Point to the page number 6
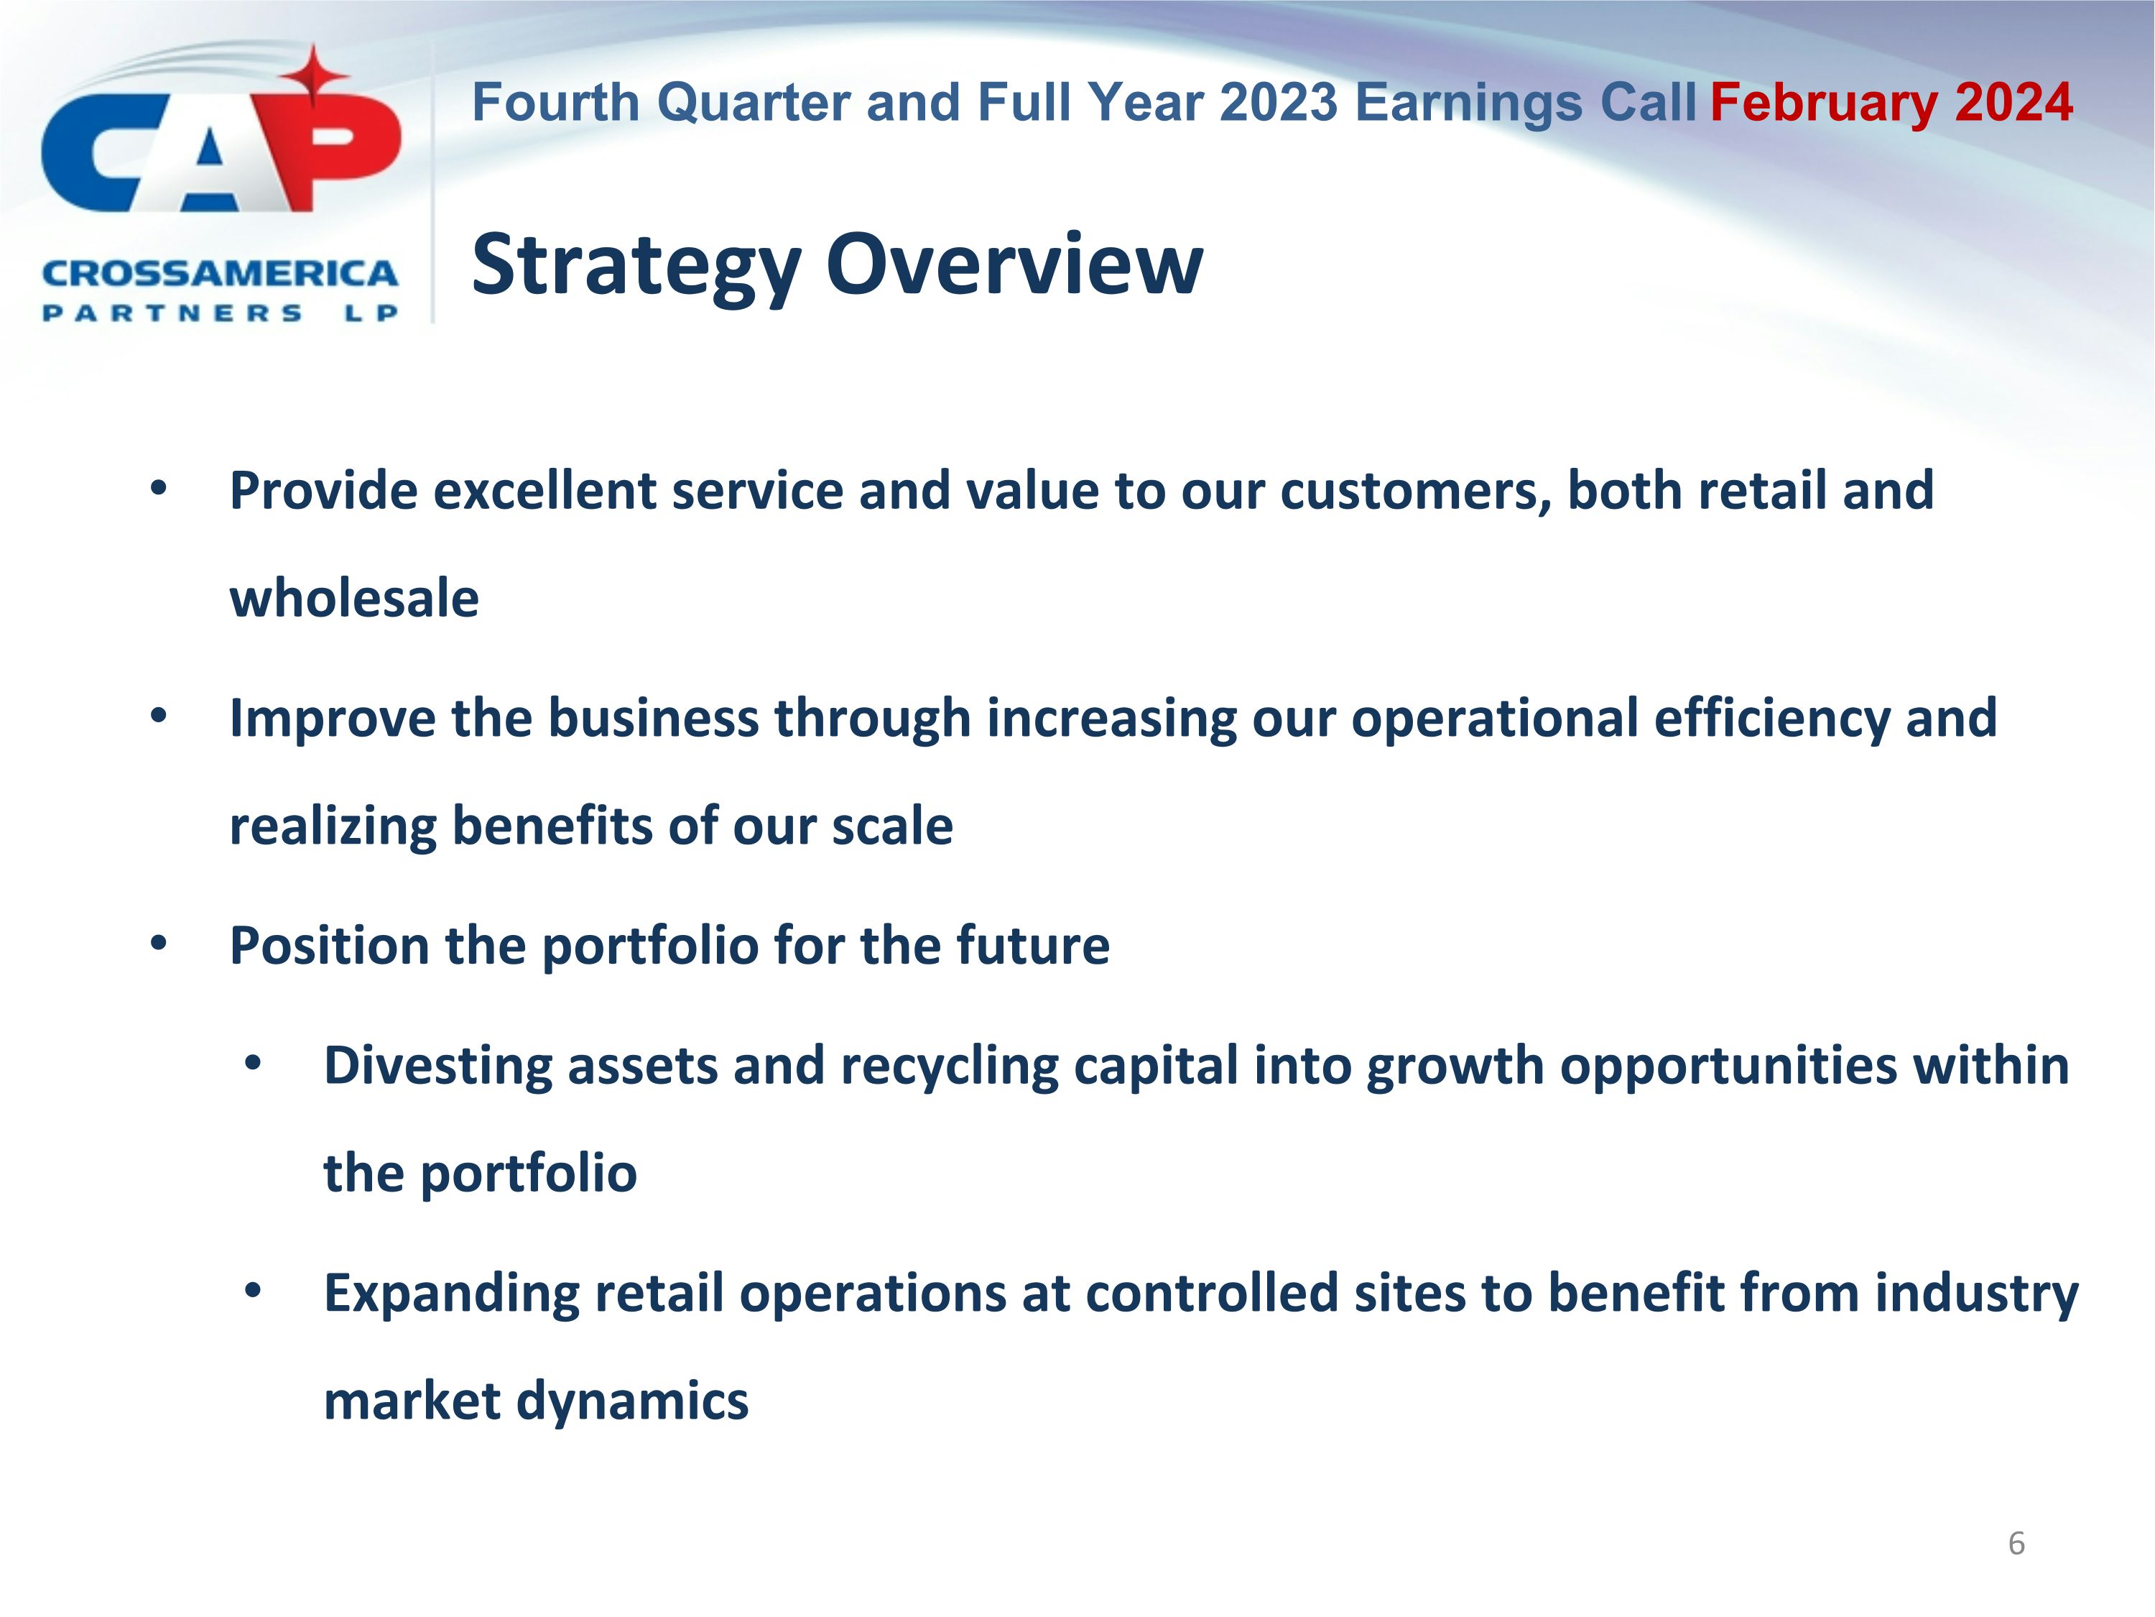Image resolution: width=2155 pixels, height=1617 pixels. coord(2016,1543)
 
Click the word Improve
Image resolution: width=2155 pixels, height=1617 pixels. coord(332,719)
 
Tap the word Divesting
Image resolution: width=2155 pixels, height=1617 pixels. coord(437,1065)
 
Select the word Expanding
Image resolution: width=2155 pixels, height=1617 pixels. coord(451,1294)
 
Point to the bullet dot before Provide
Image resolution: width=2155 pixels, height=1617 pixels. coord(159,488)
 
